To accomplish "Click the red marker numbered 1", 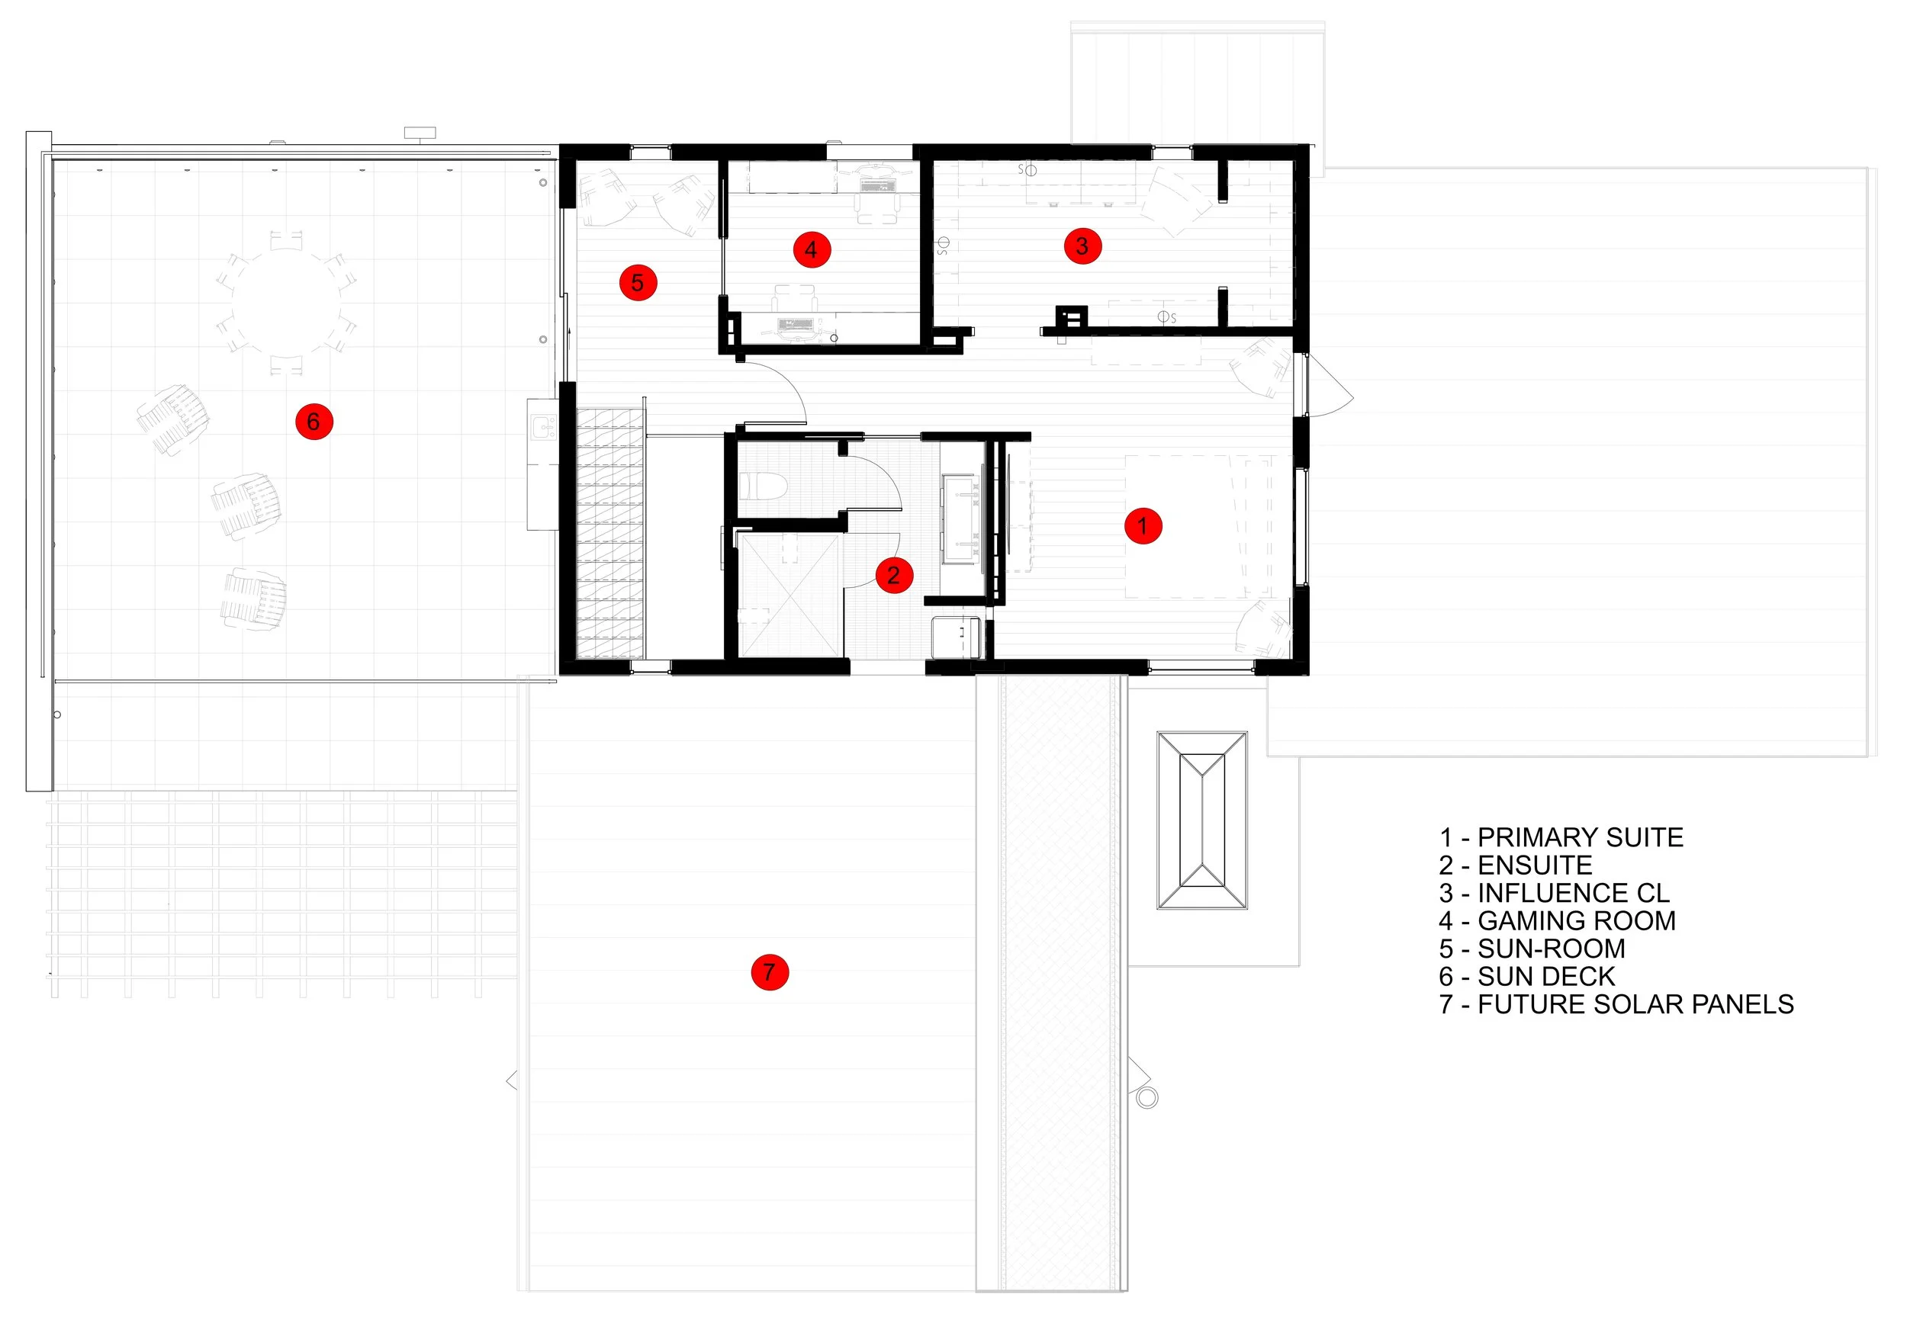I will tap(1143, 525).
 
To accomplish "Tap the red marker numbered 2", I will tap(894, 575).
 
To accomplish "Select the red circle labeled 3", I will tap(1082, 246).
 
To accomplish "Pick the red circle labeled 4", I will tap(812, 249).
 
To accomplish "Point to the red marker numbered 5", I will tap(638, 283).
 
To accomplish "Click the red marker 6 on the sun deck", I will tap(314, 422).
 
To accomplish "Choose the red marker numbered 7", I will tap(769, 971).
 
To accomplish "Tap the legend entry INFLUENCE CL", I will tap(1572, 893).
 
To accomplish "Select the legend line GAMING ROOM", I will tap(1576, 921).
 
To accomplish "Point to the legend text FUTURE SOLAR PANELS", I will tap(1635, 1004).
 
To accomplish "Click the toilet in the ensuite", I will tap(761, 486).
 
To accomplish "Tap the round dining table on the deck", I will tap(286, 303).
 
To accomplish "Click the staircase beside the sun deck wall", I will tap(610, 531).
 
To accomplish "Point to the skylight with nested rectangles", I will tap(1202, 820).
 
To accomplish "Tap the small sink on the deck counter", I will tap(544, 429).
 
